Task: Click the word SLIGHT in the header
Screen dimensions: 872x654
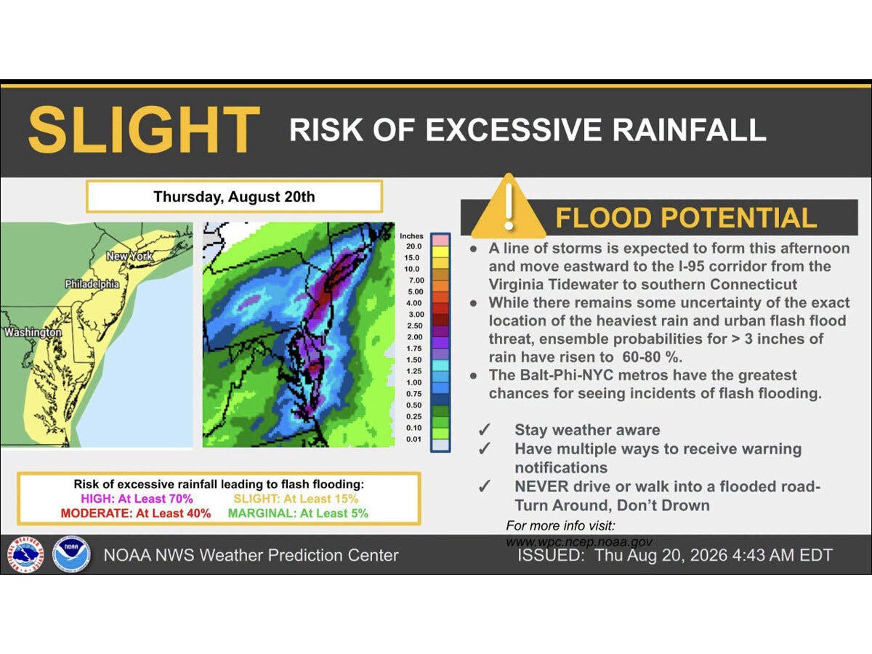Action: pyautogui.click(x=144, y=129)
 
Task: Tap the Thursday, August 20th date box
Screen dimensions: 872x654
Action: pyautogui.click(x=235, y=196)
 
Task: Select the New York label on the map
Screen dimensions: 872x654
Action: pyautogui.click(x=129, y=256)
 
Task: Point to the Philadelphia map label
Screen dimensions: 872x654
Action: pyautogui.click(x=92, y=284)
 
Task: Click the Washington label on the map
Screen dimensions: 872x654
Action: pyautogui.click(x=33, y=332)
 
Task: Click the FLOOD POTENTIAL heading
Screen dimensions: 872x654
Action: pyautogui.click(x=686, y=218)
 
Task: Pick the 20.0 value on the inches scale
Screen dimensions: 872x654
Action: pyautogui.click(x=413, y=246)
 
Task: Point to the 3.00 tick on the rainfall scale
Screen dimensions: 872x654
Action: pyautogui.click(x=416, y=315)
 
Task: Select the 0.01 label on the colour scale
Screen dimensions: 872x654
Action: pyautogui.click(x=413, y=439)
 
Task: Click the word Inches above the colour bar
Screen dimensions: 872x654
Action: pyautogui.click(x=411, y=236)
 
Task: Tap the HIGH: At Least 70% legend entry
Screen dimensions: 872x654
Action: pyautogui.click(x=137, y=498)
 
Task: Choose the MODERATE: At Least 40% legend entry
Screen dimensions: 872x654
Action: pyautogui.click(x=136, y=514)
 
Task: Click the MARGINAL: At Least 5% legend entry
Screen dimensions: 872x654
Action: pyautogui.click(x=298, y=514)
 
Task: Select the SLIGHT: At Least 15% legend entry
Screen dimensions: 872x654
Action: pyautogui.click(x=296, y=498)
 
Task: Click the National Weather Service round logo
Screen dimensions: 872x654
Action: pyautogui.click(x=25, y=554)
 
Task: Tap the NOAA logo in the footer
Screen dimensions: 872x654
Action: pyautogui.click(x=71, y=554)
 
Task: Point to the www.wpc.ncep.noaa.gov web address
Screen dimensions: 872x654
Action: pyautogui.click(x=579, y=542)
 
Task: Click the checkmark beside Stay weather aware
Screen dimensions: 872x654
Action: pyautogui.click(x=484, y=429)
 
